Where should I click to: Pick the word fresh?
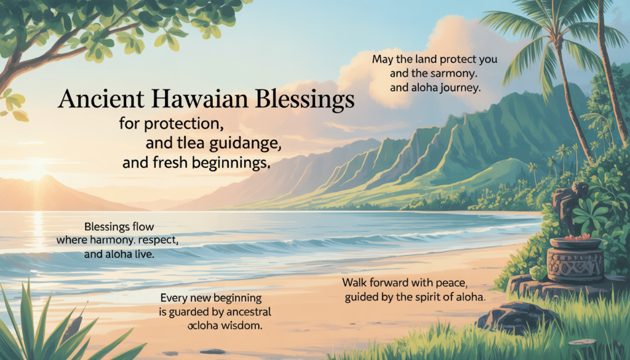click(176, 164)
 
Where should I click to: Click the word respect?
click(157, 240)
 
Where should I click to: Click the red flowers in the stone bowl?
click(575, 237)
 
